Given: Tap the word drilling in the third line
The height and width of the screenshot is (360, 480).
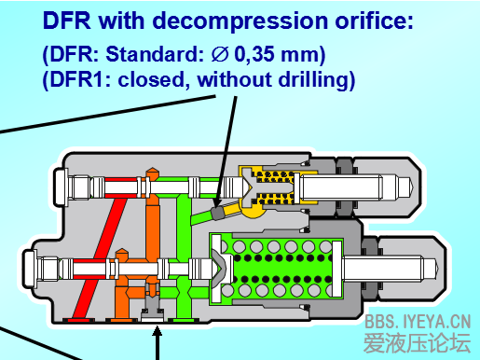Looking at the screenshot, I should point(312,81).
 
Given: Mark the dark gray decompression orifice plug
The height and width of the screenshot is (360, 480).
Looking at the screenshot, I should point(219,212).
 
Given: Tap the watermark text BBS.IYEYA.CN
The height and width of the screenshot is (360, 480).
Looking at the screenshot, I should point(418,321).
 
